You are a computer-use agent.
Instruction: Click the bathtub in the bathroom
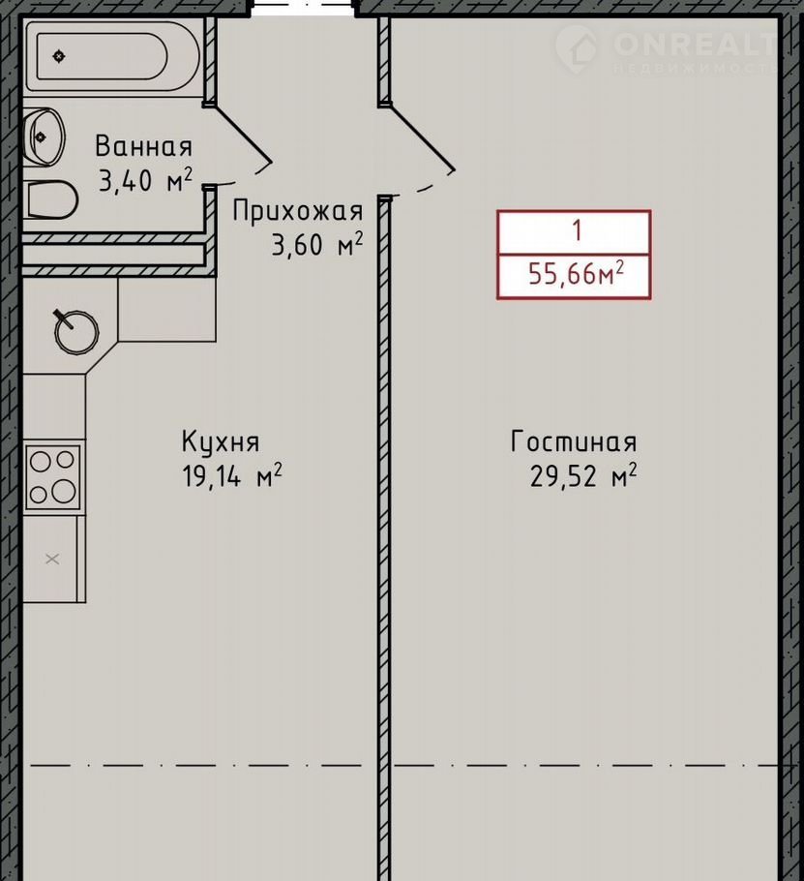pyautogui.click(x=112, y=56)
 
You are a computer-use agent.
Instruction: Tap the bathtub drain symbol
pyautogui.click(x=59, y=56)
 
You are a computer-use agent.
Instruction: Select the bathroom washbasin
pyautogui.click(x=44, y=137)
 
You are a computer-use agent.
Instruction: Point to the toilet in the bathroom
pyautogui.click(x=50, y=199)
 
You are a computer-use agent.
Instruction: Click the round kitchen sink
pyautogui.click(x=76, y=332)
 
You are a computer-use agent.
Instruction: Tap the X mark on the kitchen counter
pyautogui.click(x=52, y=559)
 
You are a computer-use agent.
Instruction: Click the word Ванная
pyautogui.click(x=144, y=146)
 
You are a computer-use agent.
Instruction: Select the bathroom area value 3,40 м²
pyautogui.click(x=145, y=180)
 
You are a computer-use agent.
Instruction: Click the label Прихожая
pyautogui.click(x=298, y=212)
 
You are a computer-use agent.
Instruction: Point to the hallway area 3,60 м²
pyautogui.click(x=317, y=245)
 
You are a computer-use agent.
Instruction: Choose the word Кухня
pyautogui.click(x=221, y=442)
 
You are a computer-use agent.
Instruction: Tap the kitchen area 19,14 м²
pyautogui.click(x=232, y=476)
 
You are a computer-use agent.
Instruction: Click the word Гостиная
pyautogui.click(x=574, y=441)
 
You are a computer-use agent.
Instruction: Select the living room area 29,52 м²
pyautogui.click(x=583, y=476)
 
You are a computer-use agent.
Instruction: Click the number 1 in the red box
pyautogui.click(x=577, y=231)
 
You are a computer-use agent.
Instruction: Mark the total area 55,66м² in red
pyautogui.click(x=576, y=274)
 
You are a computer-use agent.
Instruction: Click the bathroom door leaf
pyautogui.click(x=243, y=134)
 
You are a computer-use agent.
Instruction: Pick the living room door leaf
pyautogui.click(x=420, y=137)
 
